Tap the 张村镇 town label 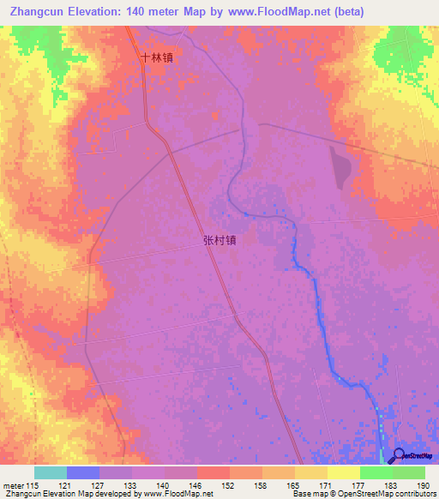click(219, 241)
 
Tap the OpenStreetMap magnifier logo click(400, 456)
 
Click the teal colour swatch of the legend click(50, 472)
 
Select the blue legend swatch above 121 click(83, 472)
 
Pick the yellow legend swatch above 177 click(343, 472)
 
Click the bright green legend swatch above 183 click(376, 472)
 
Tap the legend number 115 click(32, 485)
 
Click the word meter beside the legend click(12, 485)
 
